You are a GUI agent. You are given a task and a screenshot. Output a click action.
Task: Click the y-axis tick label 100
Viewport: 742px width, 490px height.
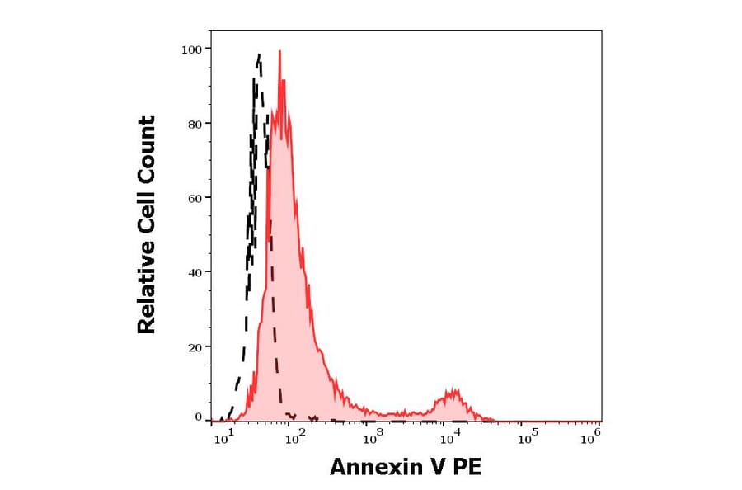pyautogui.click(x=191, y=49)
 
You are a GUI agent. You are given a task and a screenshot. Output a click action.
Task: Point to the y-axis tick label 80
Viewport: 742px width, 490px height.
pyautogui.click(x=195, y=124)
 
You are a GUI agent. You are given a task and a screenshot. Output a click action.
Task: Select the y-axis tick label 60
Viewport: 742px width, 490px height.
pyautogui.click(x=195, y=198)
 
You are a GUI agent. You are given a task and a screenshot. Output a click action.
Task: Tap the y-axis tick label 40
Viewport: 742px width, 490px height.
pyautogui.click(x=195, y=272)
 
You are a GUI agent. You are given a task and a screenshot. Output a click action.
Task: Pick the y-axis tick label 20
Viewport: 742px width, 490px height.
pyautogui.click(x=195, y=346)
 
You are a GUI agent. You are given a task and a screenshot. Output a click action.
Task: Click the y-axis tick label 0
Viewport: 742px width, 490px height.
pyautogui.click(x=198, y=417)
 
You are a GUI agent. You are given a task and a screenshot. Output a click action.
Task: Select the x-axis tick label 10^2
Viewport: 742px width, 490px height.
pyautogui.click(x=295, y=439)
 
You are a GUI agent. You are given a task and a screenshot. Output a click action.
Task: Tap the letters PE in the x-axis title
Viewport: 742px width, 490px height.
pyautogui.click(x=467, y=468)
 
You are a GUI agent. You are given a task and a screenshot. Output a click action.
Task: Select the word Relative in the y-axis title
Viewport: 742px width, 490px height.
pyautogui.click(x=147, y=294)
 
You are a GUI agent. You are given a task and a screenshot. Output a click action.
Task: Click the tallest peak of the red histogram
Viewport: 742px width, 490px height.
pyautogui.click(x=279, y=52)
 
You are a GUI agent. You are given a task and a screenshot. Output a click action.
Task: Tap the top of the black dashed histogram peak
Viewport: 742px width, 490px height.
pyautogui.click(x=259, y=55)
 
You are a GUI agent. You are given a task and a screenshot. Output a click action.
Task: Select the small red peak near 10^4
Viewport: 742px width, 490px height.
pyautogui.click(x=452, y=389)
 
